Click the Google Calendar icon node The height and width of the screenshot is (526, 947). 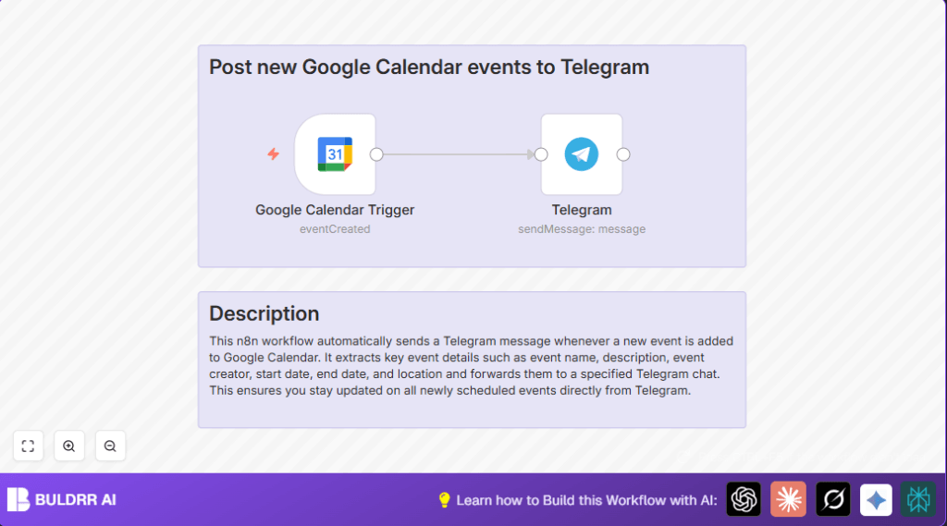click(335, 154)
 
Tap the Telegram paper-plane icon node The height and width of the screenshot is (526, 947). click(582, 154)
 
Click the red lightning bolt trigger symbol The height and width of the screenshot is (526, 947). click(273, 154)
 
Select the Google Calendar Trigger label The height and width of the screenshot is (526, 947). click(335, 210)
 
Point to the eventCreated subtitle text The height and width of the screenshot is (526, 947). click(335, 228)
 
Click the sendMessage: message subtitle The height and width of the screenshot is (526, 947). click(582, 228)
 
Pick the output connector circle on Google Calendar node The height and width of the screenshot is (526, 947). click(376, 154)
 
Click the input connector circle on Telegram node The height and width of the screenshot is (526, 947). click(541, 154)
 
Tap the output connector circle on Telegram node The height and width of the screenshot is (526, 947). click(623, 154)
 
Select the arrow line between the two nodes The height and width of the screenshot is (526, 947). click(458, 154)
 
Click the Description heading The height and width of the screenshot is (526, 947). click(264, 313)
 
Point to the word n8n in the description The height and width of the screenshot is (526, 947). click(250, 341)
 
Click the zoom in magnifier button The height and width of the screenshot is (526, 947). click(69, 446)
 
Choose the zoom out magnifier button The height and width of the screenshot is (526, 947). click(110, 446)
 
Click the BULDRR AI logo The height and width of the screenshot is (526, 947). click(62, 499)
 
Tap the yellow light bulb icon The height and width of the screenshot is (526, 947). click(444, 500)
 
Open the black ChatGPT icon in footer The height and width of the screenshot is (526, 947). click(744, 499)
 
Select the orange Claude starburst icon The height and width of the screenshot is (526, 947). click(788, 499)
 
